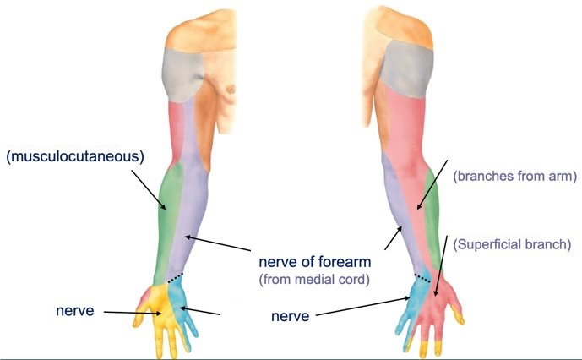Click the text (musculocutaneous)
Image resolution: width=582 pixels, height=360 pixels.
pyautogui.click(x=74, y=156)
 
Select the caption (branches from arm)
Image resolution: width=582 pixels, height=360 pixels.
pyautogui.click(x=514, y=177)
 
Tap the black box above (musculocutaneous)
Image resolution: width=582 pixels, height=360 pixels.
pyautogui.click(x=70, y=123)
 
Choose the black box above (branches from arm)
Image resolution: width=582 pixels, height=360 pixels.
pyautogui.click(x=511, y=155)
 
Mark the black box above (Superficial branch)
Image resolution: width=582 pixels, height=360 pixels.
pyautogui.click(x=499, y=222)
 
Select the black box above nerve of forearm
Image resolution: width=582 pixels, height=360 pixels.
pyautogui.click(x=306, y=240)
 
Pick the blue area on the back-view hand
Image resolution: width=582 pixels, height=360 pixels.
pyautogui.click(x=416, y=300)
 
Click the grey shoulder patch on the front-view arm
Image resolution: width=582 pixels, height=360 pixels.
pyautogui.click(x=181, y=76)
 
